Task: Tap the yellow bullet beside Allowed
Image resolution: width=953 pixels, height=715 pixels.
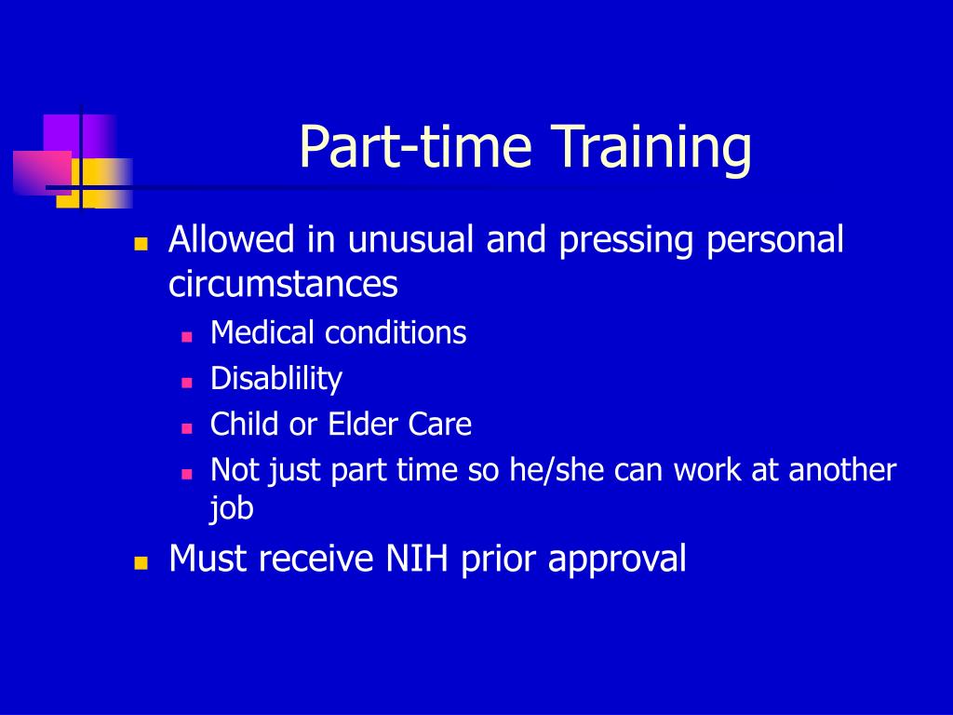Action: [x=141, y=245]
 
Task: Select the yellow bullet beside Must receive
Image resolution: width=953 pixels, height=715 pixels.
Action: [x=141, y=563]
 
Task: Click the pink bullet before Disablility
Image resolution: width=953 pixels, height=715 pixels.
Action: [x=187, y=383]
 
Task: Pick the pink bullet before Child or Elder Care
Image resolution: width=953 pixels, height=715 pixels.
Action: [x=187, y=428]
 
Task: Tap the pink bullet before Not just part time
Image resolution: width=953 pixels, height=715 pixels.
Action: [x=187, y=474]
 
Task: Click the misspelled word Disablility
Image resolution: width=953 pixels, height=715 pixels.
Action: [x=276, y=380]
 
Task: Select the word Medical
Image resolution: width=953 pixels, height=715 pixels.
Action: [x=262, y=332]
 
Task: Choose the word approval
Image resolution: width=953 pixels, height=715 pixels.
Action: [x=617, y=560]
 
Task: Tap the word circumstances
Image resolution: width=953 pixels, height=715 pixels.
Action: [x=283, y=284]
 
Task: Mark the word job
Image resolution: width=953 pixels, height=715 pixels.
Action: [x=231, y=509]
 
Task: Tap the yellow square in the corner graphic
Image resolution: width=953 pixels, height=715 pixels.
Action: [x=94, y=183]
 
